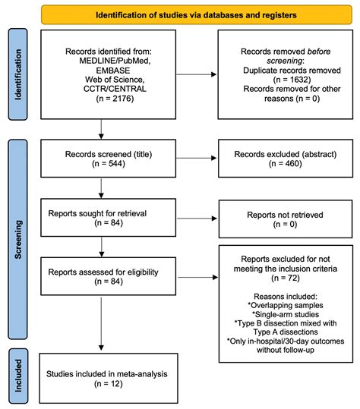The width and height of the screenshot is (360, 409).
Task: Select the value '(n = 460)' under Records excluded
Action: pyautogui.click(x=281, y=165)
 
